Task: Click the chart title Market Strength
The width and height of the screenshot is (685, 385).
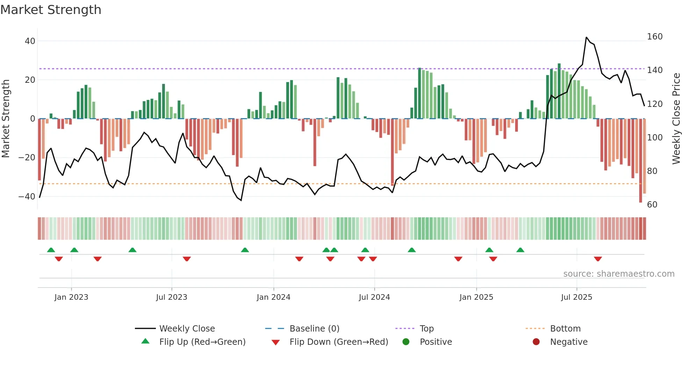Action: tap(51, 10)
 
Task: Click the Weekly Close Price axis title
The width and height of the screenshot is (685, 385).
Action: tap(676, 119)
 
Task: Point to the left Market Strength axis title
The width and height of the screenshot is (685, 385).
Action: tap(6, 119)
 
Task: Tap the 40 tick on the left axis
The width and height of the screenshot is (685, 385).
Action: tap(30, 41)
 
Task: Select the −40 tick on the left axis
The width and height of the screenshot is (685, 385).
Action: tap(27, 196)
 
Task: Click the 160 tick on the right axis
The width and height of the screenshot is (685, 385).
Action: tap(655, 37)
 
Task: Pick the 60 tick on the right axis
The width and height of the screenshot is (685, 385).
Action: tap(652, 205)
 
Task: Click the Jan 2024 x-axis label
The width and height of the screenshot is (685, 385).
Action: tap(273, 297)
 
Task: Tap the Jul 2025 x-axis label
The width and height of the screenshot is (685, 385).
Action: tap(576, 297)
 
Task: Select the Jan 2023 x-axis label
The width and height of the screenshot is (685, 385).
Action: tap(71, 297)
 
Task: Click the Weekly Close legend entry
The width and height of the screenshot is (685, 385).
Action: tap(187, 329)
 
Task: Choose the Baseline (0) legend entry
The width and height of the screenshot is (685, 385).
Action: tap(314, 329)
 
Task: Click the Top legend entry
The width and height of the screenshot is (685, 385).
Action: tap(426, 329)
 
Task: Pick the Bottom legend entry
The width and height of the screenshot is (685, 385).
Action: tap(565, 329)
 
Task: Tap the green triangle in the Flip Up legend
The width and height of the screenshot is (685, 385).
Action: tap(145, 341)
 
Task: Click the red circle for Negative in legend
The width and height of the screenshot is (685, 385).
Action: tap(536, 342)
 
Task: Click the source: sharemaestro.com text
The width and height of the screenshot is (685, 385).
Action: tap(619, 274)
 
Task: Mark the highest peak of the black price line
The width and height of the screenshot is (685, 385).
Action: tap(586, 37)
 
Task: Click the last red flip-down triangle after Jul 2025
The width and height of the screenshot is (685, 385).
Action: tap(598, 259)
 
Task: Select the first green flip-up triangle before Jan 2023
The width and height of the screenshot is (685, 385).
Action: tap(51, 250)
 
